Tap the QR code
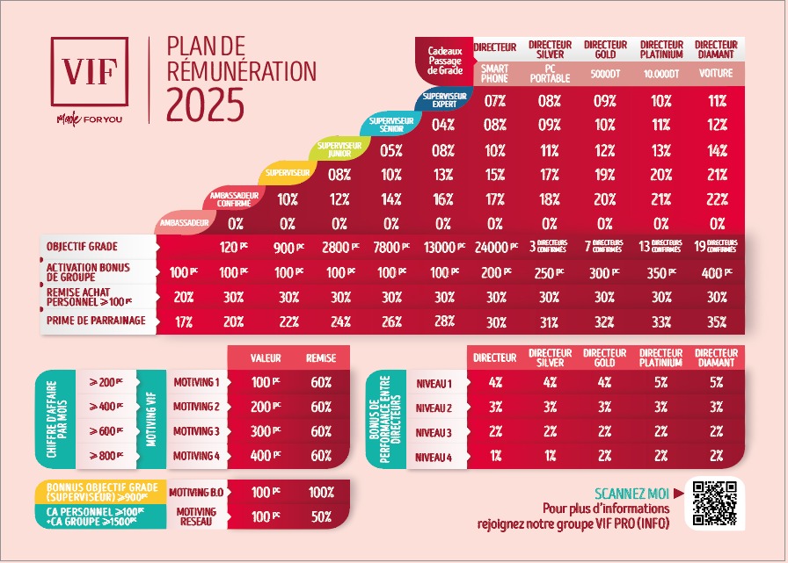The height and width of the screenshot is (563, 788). coord(714,503)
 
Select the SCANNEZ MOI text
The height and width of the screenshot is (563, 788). coord(631,494)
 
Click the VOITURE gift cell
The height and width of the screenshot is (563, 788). coord(715,74)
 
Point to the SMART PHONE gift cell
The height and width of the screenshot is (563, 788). coord(495,74)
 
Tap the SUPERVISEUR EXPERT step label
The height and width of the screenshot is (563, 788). coord(443,99)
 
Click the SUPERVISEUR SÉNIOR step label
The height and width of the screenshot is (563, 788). coord(391,124)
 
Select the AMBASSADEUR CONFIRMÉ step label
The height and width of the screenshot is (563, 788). coord(236,199)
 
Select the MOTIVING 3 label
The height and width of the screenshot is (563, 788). coord(195,431)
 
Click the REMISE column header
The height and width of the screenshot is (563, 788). coord(320,358)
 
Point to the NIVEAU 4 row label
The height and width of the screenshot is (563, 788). coord(433,457)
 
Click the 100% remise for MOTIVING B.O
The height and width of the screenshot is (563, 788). coord(320,493)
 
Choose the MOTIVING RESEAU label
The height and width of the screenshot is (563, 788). coord(195,516)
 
